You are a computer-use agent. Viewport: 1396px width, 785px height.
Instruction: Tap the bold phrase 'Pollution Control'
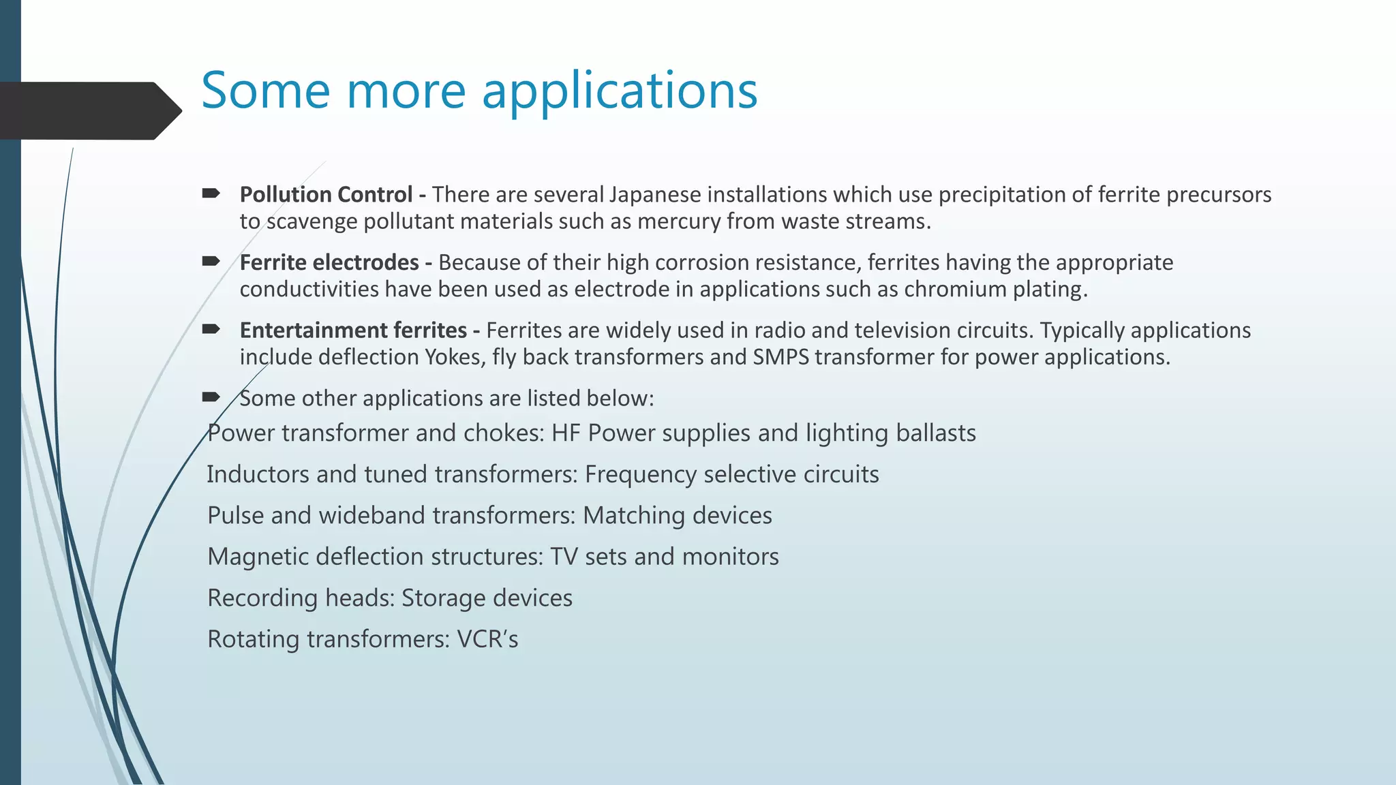326,195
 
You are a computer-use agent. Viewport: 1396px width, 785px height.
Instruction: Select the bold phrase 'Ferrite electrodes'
329,263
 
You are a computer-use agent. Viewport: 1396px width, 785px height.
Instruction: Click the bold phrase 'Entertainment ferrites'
353,330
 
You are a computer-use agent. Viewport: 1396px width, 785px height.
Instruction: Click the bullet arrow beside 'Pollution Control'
211,194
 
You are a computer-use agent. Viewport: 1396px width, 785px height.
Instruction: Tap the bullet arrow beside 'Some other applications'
211,397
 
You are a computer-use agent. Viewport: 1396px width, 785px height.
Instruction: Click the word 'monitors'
730,557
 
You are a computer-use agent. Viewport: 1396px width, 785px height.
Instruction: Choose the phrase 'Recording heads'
301,598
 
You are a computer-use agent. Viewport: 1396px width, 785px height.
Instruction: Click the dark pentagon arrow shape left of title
85,110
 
